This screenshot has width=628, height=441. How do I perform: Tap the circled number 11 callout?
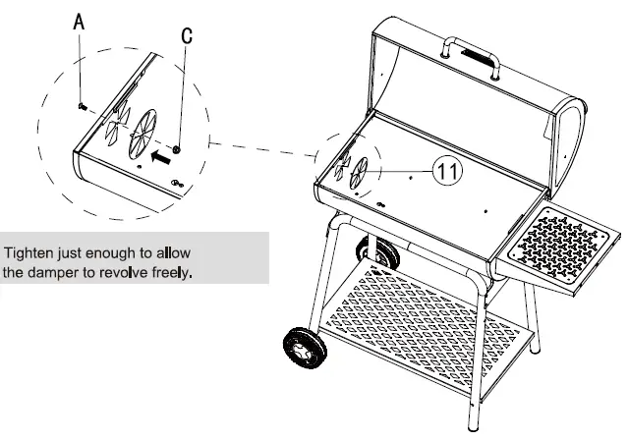pos(447,171)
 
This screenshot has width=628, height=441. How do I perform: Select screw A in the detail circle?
pos(81,106)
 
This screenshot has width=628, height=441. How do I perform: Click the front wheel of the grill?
pos(303,348)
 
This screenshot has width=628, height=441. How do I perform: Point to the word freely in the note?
pos(169,272)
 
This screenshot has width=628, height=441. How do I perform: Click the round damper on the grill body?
pos(362,172)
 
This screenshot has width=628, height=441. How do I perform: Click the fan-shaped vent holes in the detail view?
pos(116,122)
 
